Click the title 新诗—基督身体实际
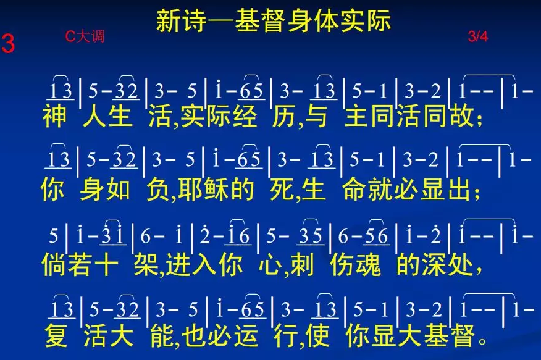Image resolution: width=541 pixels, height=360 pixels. pos(273,21)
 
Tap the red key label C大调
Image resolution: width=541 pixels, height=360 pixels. pos(85,36)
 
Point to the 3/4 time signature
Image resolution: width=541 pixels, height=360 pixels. pos(478,36)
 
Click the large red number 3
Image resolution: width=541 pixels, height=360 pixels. pos(8,44)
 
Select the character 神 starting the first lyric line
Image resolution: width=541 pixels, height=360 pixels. pos(54,116)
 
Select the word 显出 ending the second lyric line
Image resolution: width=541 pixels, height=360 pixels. pos(445,190)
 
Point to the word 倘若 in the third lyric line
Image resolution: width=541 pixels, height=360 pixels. pos(67,265)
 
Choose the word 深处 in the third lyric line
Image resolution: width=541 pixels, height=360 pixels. pos(448,265)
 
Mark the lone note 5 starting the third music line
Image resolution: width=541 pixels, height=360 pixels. pos(54,237)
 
